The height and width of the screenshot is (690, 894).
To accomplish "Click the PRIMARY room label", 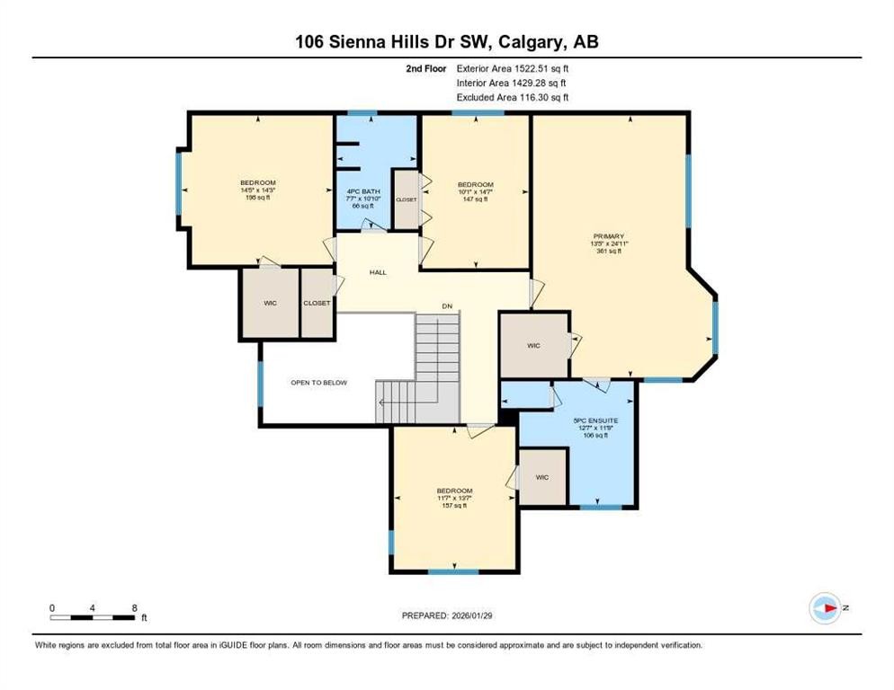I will click(608, 236).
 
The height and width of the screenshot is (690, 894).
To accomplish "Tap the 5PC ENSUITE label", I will click(595, 420).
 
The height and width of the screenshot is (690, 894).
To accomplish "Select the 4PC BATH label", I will click(362, 190).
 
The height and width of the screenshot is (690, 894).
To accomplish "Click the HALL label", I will click(378, 271).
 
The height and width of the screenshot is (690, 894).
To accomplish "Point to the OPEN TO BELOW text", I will click(318, 383).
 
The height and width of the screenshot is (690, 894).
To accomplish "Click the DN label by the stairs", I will click(446, 306).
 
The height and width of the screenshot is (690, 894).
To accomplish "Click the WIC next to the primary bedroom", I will click(533, 345).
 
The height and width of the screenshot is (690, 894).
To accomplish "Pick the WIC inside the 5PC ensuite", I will click(543, 476).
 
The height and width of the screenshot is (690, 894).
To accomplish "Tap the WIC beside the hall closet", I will click(270, 303).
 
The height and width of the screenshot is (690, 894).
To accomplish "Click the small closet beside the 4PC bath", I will click(407, 199).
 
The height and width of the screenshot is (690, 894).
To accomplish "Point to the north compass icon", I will click(825, 608).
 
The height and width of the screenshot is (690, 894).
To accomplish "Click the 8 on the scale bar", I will click(134, 608).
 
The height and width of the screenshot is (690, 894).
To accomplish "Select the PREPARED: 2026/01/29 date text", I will click(447, 615).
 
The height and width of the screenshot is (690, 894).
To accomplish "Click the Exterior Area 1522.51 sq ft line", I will click(513, 67).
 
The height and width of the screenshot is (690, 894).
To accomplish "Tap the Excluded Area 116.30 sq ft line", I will click(513, 97).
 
